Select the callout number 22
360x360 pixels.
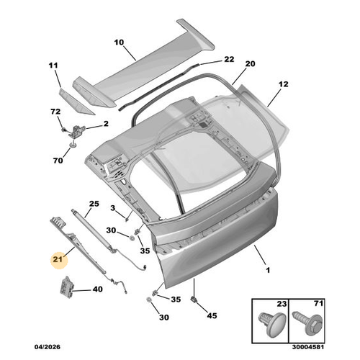229,59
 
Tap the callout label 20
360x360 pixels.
251,65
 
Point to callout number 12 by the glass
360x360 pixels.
283,85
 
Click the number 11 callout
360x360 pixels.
53,66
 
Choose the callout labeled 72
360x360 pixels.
55,112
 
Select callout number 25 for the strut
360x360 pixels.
92,204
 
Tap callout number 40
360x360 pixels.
97,290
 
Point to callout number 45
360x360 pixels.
211,315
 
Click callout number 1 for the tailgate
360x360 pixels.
268,271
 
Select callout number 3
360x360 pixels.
112,208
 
